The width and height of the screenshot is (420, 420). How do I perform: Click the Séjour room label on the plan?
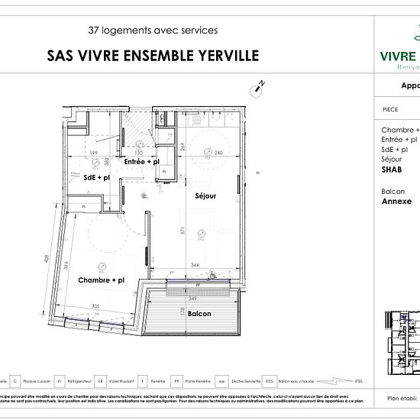click(205, 196)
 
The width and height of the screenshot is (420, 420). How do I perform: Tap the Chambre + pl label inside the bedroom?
click(101, 280)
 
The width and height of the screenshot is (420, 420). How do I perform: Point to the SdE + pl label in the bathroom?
click(96, 177)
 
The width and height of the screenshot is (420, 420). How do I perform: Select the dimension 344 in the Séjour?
click(195, 265)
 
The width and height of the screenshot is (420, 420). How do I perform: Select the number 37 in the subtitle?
click(95, 31)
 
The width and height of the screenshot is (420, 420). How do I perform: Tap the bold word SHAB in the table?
click(392, 170)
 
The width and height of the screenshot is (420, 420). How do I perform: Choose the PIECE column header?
click(389, 109)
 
